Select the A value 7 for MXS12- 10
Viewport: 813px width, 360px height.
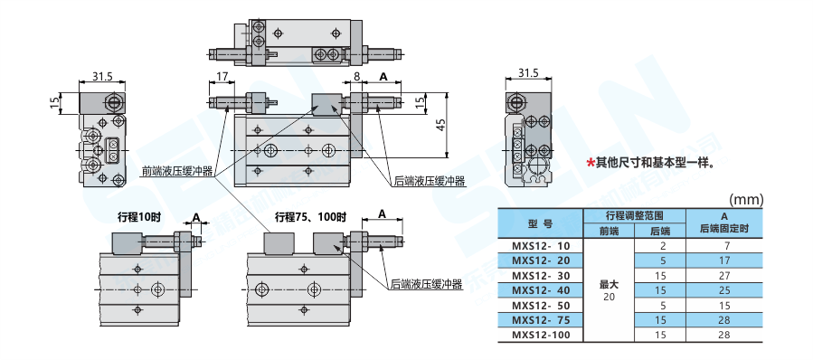pos(724,246)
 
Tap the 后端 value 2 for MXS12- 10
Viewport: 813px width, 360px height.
pos(663,246)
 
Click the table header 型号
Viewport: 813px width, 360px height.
pos(540,223)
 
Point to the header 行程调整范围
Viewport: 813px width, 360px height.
pos(635,215)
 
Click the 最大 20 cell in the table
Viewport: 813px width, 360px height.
pos(610,290)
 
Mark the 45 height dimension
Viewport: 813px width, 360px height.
pos(441,126)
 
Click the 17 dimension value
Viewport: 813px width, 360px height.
pos(222,77)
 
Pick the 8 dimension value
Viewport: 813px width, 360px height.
pos(356,77)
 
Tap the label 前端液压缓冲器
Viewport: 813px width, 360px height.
pos(177,172)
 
